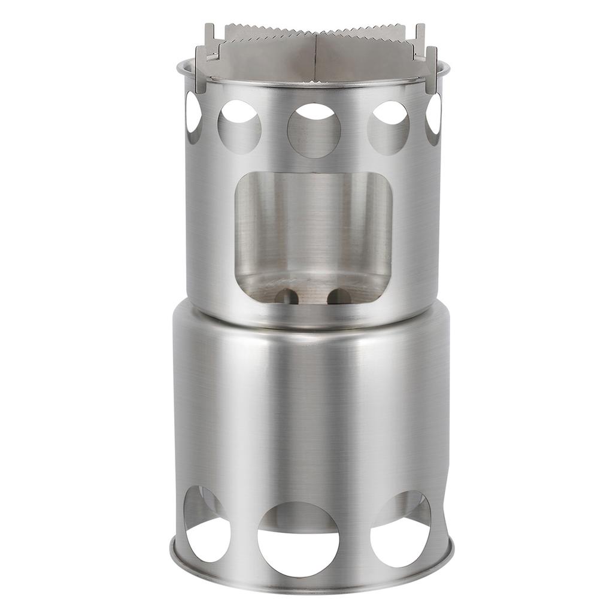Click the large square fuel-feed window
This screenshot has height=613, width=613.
[313, 233]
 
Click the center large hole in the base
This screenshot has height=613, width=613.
[298, 539]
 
